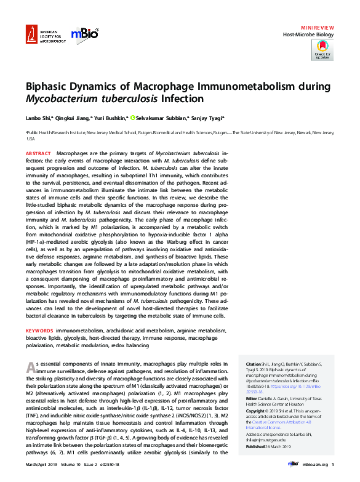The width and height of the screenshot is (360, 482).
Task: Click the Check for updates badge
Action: pos(324,50)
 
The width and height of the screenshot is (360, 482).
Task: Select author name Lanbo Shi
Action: pos(38,118)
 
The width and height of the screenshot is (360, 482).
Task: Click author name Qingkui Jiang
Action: pos(73,118)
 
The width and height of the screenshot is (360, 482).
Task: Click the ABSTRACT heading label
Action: pos(38,153)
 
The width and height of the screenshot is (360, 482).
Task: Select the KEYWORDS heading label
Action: pos(39,331)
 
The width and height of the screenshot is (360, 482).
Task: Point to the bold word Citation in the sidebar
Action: pos(254,364)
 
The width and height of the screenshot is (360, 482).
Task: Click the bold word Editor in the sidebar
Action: pos(252,398)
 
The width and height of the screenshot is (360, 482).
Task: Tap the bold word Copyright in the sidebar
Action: pos(257,410)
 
